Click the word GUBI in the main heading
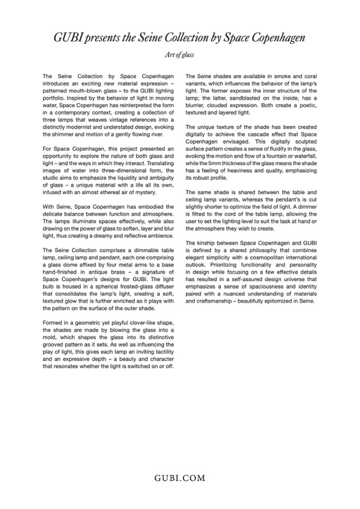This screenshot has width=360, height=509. tap(66, 38)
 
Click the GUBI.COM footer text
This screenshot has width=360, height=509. tap(179, 478)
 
